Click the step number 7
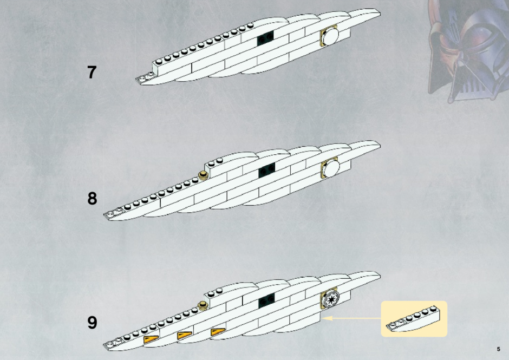tap(92, 72)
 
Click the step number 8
tap(92, 198)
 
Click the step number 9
tap(92, 323)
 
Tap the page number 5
tap(498, 349)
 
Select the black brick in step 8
tap(267, 170)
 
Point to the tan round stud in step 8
tap(204, 175)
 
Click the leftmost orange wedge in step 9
tap(151, 339)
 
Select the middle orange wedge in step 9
tap(185, 335)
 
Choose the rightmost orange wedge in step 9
tap(218, 332)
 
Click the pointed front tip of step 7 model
tap(136, 80)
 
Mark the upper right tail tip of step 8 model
tap(380, 145)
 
